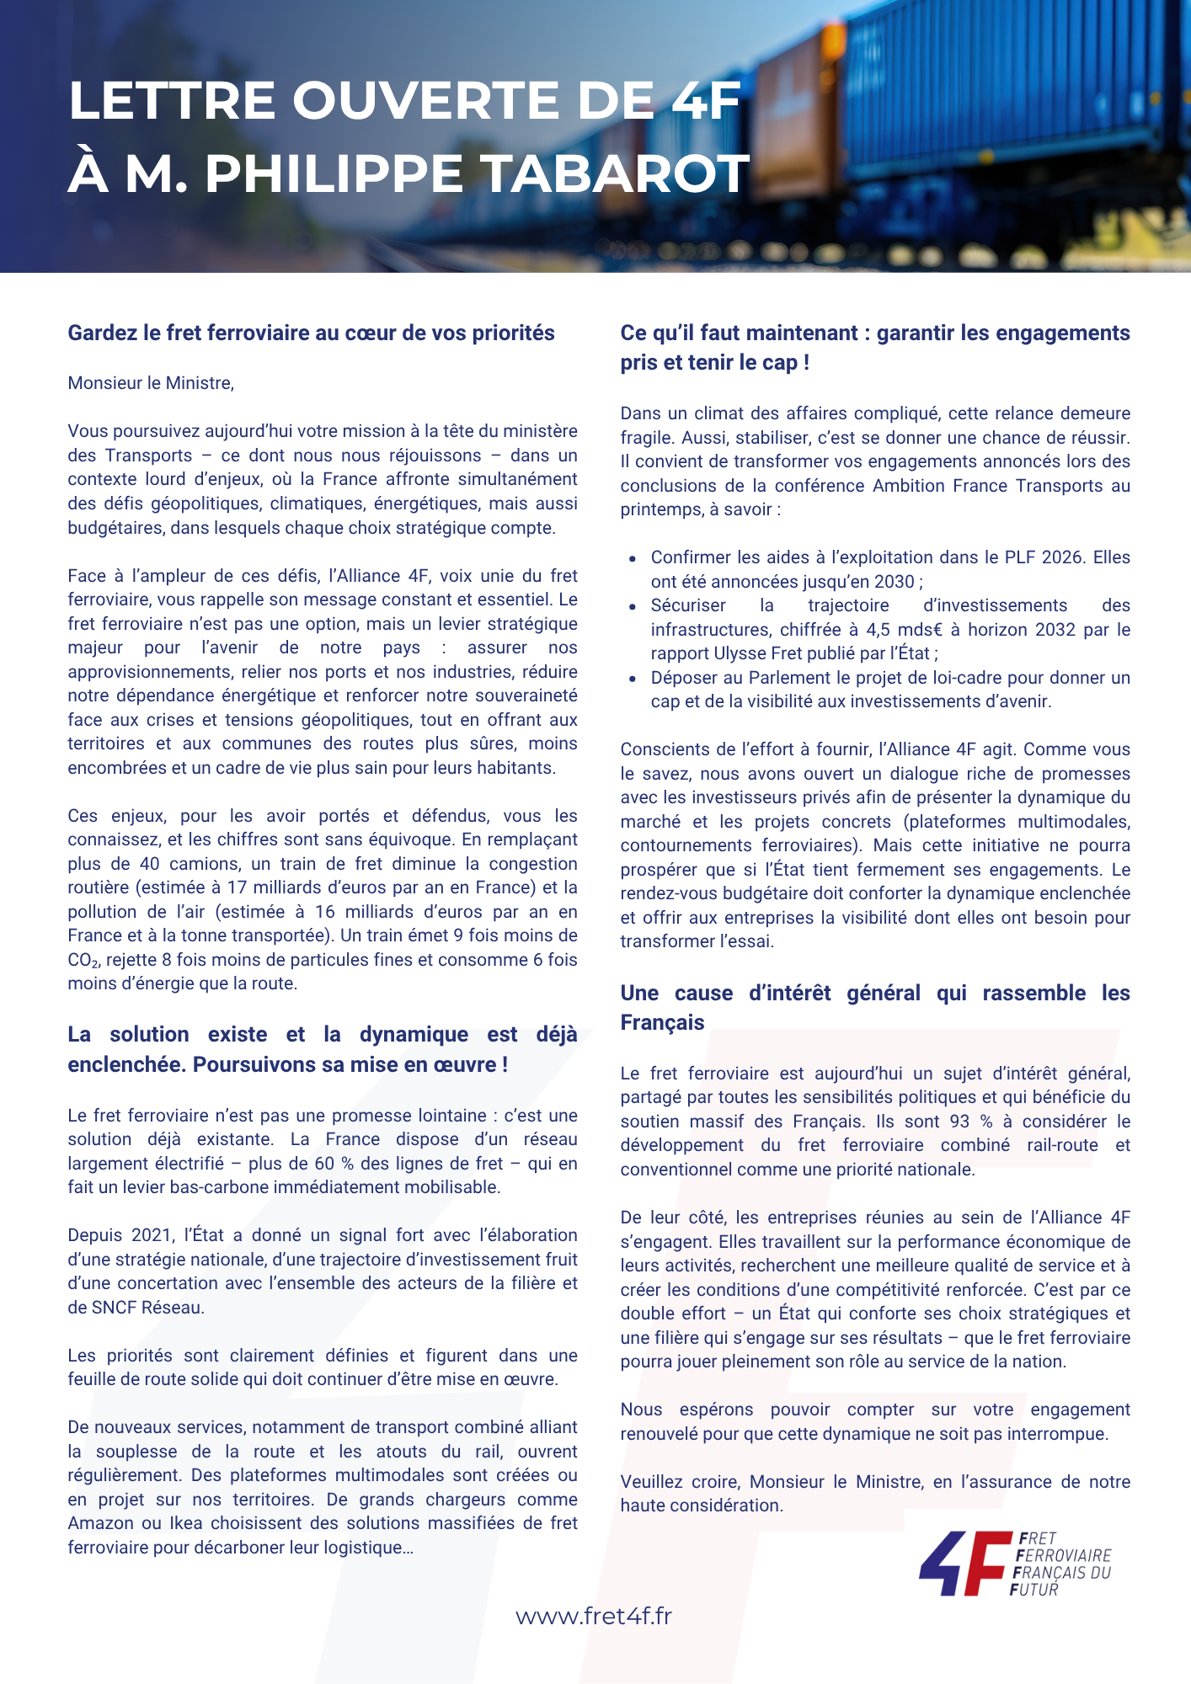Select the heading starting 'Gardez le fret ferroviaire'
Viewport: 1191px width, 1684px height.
pos(311,333)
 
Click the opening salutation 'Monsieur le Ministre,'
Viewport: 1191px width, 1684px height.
pos(151,383)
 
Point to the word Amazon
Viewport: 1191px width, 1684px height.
pos(100,1523)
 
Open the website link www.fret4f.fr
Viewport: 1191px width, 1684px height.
pos(594,1617)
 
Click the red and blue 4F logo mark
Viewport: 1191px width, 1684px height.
pos(965,1564)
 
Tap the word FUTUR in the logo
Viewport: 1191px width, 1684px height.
pos(1033,1590)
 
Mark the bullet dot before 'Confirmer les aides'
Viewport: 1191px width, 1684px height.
pos(633,558)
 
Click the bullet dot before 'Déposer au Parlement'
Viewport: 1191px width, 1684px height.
pos(633,679)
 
